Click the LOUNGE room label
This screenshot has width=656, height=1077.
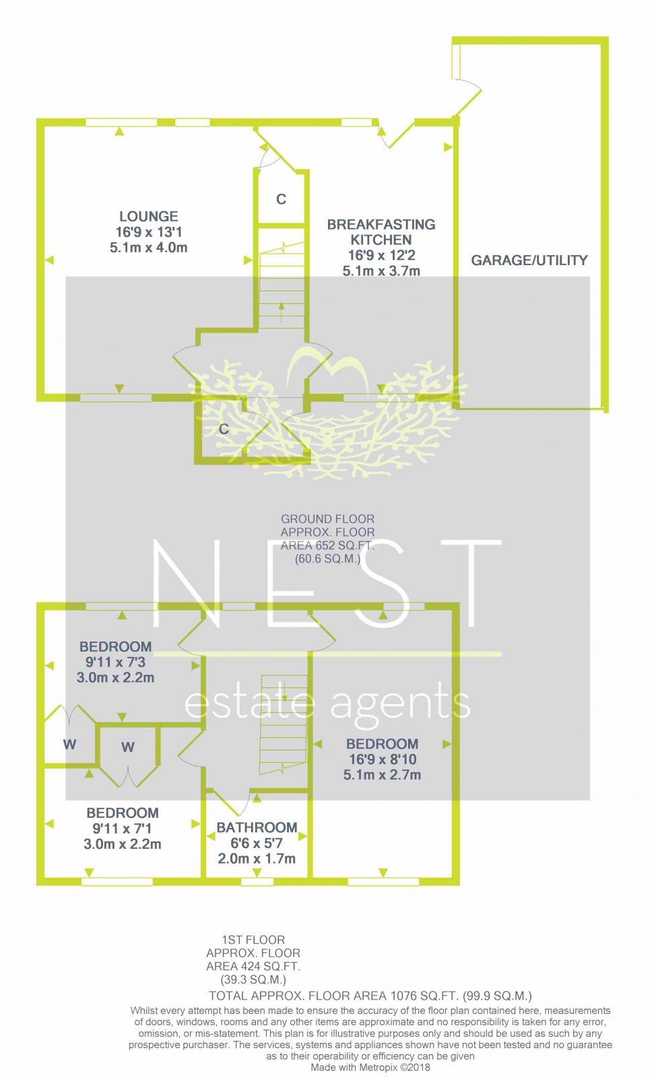coord(149,216)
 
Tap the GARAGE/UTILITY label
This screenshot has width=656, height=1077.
coord(529,260)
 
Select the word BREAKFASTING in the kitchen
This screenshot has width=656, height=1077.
coord(381,225)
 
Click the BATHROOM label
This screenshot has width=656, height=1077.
coord(257,827)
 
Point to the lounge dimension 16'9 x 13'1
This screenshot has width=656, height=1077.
coord(149,232)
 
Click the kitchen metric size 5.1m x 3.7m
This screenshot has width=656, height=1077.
coord(381,271)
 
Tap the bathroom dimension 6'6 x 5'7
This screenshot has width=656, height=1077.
coord(257,843)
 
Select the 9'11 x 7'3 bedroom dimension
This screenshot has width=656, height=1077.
coord(115,662)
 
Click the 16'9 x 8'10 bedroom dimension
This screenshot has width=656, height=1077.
coord(383,759)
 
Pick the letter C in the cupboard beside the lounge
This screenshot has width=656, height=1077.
coord(282,199)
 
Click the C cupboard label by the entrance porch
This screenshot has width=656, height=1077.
coord(224,429)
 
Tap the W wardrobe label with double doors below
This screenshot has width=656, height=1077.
coord(127,747)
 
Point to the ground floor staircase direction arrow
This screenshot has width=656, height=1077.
coord(282,312)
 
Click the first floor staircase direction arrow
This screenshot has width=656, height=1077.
coord(284,691)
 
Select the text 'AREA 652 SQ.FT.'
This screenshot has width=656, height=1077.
coord(327,546)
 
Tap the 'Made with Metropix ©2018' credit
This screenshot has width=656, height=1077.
coord(370,1068)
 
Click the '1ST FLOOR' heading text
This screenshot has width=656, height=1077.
coord(253,940)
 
